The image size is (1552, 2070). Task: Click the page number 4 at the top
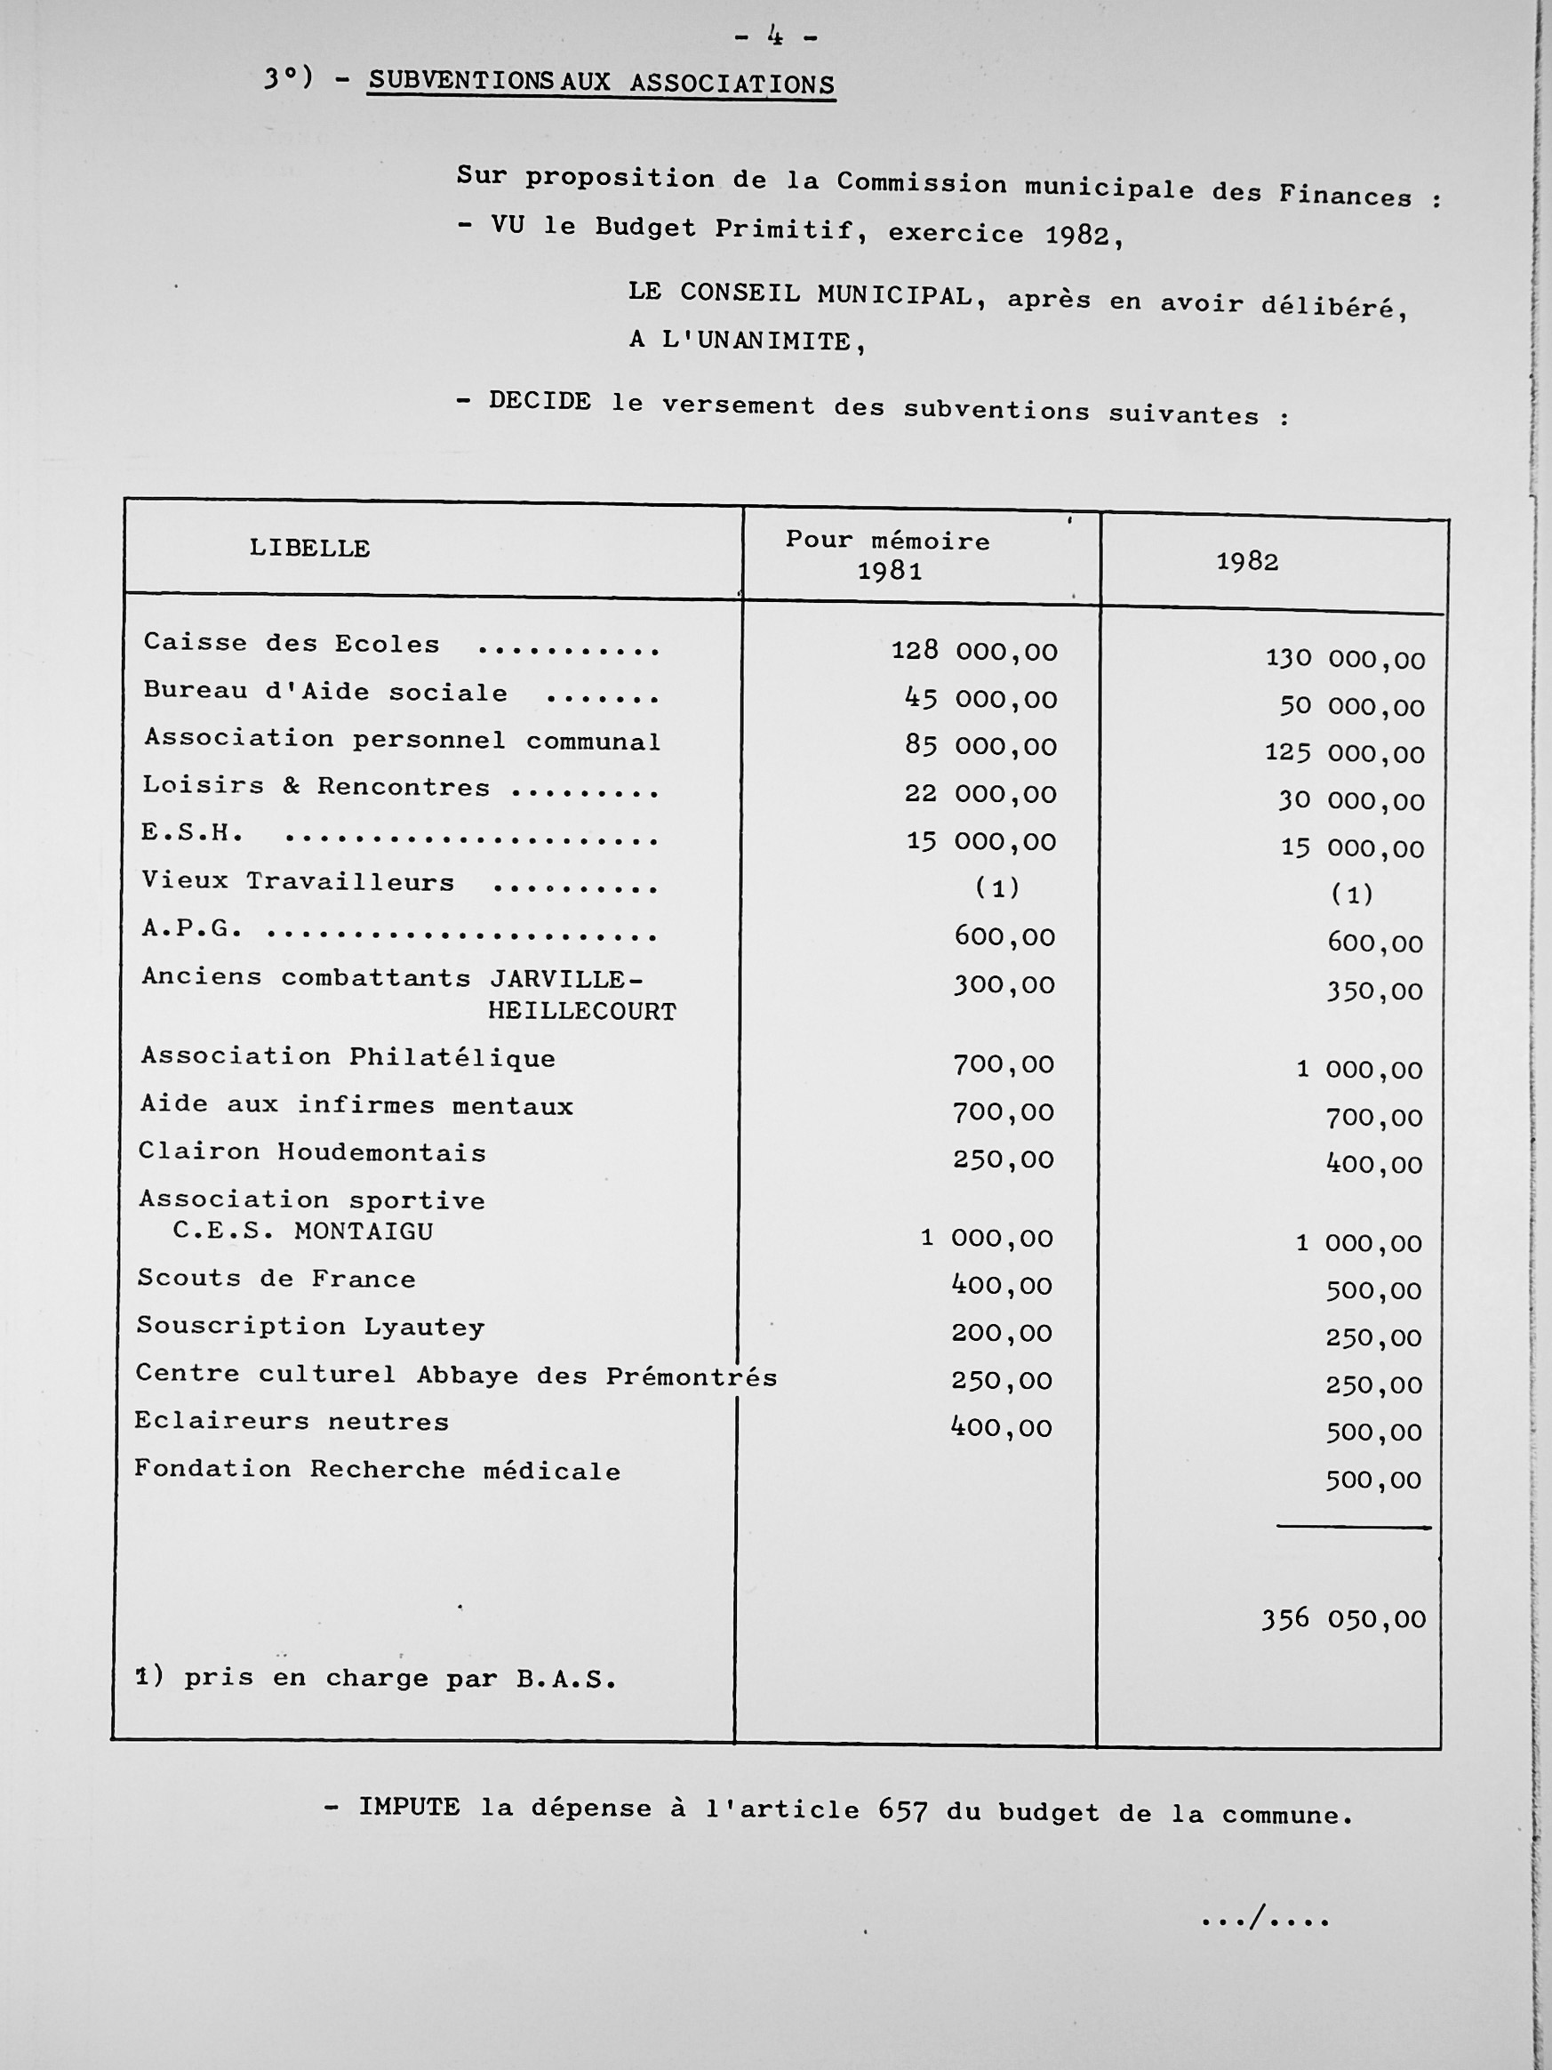[x=775, y=36]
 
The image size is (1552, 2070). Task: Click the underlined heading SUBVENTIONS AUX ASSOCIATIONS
[x=601, y=83]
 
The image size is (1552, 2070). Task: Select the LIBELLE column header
[x=309, y=549]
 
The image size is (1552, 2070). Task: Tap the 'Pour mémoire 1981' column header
[x=888, y=555]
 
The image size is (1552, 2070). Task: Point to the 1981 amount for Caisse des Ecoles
[x=974, y=651]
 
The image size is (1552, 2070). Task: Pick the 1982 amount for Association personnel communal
[x=1344, y=753]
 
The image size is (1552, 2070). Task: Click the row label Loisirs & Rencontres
[x=316, y=786]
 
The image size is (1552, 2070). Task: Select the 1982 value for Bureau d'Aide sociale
[x=1352, y=707]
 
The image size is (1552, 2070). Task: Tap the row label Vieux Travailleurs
[x=298, y=881]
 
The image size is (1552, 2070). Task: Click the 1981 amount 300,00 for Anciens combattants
[x=1004, y=984]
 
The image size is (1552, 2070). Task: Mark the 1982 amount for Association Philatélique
[x=1359, y=1070]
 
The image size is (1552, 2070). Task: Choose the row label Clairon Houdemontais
[x=313, y=1152]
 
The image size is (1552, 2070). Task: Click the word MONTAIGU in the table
[x=364, y=1232]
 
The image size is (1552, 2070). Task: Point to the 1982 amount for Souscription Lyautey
[x=1373, y=1338]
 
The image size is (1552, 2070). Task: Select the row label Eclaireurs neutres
[x=291, y=1422]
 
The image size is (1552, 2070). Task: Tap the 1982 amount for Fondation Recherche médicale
[x=1373, y=1480]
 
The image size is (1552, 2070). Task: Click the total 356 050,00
[x=1343, y=1620]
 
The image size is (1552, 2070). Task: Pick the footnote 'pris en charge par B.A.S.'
[x=377, y=1679]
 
